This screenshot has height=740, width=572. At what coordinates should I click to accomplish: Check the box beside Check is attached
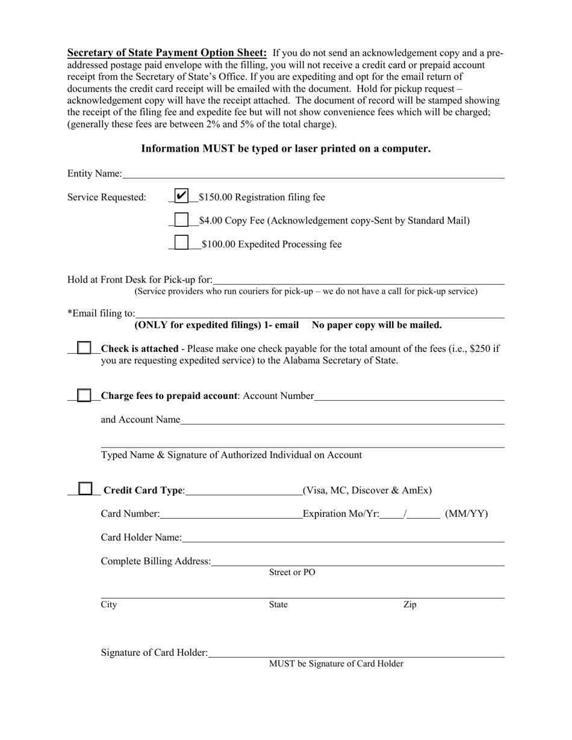pos(85,348)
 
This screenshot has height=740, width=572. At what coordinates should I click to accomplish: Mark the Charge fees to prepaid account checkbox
pos(85,395)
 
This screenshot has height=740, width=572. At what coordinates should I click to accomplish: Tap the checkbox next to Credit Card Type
pos(86,489)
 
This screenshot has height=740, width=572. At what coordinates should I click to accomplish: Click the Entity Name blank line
pos(313,174)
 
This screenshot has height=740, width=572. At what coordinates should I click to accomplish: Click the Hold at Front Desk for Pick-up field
pos(359,280)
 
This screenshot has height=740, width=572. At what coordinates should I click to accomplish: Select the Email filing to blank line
pos(319,314)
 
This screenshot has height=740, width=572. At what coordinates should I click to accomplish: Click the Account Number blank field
pos(409,396)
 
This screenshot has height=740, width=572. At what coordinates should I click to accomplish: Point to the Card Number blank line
pos(231,514)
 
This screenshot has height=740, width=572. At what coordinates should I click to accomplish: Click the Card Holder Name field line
pos(343,538)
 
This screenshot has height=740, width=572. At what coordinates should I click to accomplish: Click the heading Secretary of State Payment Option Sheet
pos(167,52)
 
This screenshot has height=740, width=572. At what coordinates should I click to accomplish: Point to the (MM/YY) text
pos(466,514)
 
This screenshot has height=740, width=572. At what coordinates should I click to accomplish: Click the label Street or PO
pos(291,573)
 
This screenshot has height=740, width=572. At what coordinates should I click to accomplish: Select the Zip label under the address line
pos(409,605)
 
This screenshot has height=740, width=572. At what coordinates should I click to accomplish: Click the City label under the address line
pos(109,605)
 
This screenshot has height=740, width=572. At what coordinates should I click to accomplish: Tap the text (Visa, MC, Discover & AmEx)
pos(367,490)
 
